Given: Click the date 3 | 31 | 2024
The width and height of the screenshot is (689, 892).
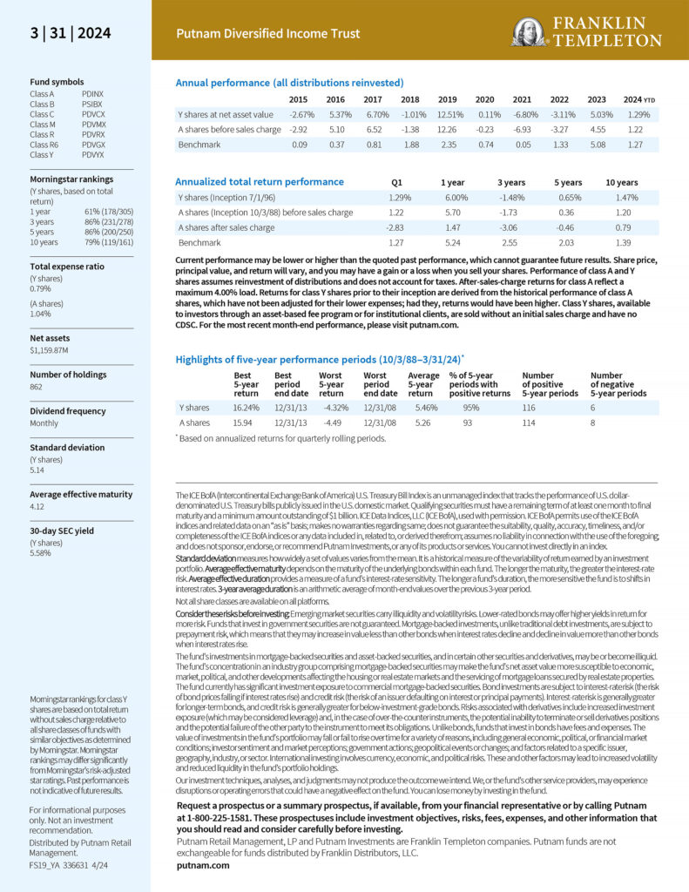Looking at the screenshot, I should pos(71,33).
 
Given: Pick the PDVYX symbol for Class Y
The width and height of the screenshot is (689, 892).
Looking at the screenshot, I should pos(93,154).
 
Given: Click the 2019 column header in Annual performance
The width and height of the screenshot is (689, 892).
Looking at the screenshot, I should pos(447,99).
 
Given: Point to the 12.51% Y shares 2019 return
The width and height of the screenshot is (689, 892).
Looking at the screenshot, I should pos(450,114).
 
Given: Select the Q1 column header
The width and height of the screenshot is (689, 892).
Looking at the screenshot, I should pos(397,183).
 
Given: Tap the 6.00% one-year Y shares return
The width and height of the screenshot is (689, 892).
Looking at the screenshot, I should pos(453,197).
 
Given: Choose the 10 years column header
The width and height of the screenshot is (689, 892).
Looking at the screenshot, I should pos(622,183).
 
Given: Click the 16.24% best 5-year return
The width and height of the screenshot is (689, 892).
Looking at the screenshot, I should pos(247,407).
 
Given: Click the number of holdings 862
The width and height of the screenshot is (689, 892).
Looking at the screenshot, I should pos(37,386).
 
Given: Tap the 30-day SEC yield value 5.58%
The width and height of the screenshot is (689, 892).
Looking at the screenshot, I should pos(42,552).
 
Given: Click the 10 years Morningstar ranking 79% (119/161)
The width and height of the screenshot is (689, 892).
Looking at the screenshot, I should pos(109,241).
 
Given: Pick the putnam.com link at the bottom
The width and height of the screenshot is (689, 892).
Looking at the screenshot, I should pos(203,865).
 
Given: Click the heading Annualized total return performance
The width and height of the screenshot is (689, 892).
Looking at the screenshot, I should pos(260,182).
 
